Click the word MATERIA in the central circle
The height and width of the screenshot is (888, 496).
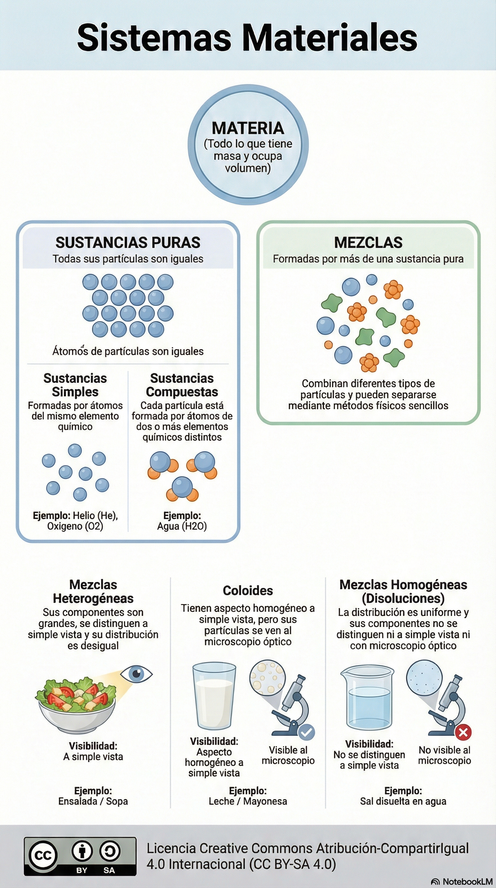point(248,128)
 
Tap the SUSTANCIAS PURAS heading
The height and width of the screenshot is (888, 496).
point(128,243)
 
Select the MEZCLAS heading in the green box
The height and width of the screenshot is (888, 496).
point(368,243)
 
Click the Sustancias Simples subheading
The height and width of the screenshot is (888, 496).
point(75,385)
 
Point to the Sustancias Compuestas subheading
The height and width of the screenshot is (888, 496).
point(182,385)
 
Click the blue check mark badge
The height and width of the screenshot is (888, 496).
point(306,732)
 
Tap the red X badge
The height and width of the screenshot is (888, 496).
point(463,732)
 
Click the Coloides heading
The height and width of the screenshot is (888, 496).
point(248,590)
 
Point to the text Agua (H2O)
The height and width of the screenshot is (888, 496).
point(182,526)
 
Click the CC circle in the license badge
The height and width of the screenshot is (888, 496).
point(43,856)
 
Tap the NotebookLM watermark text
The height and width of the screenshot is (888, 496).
point(467,882)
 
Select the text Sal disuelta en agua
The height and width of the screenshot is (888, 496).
point(403,802)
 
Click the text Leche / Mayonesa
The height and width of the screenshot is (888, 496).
point(248,802)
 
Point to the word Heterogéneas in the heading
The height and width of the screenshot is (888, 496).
point(93,599)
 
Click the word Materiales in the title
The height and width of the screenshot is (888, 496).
point(330,37)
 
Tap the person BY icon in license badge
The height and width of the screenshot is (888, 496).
point(82,851)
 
